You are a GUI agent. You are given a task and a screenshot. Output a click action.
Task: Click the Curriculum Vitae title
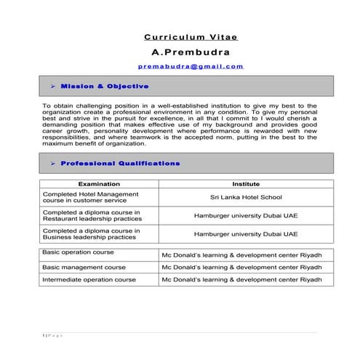pos(191,36)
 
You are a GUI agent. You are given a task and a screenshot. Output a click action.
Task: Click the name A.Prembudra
pos(191,52)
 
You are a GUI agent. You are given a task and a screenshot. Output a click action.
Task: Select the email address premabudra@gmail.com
pos(191,66)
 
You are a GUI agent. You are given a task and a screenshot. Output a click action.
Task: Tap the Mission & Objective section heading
pos(115,86)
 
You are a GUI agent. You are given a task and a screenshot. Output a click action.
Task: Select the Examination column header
pos(99,184)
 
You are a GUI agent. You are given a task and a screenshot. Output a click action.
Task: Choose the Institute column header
pos(246,184)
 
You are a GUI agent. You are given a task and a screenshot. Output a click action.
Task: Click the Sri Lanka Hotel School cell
pos(246,197)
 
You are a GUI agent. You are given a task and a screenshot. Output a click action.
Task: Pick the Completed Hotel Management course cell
pos(99,197)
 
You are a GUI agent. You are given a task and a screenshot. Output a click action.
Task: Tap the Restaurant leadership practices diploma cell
pos(99,215)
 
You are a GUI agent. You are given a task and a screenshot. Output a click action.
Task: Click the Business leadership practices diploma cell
pos(99,233)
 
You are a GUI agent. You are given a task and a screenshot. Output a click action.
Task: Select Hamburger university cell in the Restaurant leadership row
pos(246,215)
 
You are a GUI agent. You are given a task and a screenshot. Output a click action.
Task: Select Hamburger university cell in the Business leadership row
pos(246,233)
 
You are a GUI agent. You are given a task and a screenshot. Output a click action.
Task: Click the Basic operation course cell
pos(99,253)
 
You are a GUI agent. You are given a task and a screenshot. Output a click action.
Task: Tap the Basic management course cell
pos(99,267)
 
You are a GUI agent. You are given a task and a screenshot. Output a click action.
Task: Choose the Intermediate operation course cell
pos(99,279)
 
